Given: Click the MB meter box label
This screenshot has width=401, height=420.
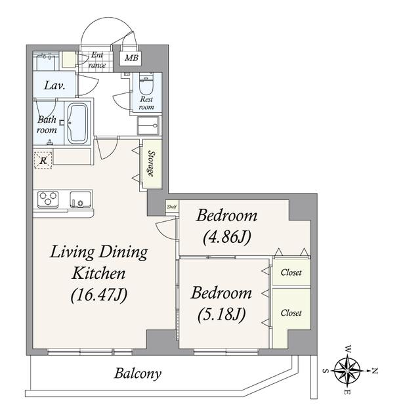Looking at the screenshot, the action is tap(131, 58).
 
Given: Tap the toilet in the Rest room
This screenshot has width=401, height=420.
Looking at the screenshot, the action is tap(146, 84).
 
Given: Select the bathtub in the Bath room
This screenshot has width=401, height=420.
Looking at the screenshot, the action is tap(77, 123).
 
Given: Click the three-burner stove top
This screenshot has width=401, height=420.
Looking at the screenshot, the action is tap(48, 199).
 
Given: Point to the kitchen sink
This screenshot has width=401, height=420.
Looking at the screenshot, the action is tap(80, 199).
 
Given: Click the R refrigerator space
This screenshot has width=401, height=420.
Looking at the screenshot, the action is tap(43, 160).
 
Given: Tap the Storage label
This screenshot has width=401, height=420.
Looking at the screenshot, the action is tap(152, 163).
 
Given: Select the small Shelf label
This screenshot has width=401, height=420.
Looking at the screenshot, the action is tap(172, 207).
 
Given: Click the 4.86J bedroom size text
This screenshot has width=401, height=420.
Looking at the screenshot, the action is tap(227, 238).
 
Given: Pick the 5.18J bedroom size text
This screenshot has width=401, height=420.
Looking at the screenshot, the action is tap(222, 314).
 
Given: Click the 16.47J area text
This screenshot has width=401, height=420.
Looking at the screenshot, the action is tap(99, 295).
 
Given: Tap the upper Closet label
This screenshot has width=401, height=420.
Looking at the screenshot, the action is tap(291, 273).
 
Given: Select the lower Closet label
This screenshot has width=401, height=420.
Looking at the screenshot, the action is tap(291, 313).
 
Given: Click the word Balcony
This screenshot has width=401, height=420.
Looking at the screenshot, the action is tap(138, 373).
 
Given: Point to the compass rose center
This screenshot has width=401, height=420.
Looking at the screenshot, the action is tap(347, 370).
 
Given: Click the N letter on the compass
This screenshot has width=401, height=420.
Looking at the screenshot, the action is tap(375, 371).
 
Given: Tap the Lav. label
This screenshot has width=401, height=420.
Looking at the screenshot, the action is tap(54, 85).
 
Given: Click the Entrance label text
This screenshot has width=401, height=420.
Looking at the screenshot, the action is tap(97, 60).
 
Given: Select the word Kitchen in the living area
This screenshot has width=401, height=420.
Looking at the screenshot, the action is tap(99, 274).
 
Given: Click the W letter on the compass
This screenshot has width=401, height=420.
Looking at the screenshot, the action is tap(348, 348).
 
